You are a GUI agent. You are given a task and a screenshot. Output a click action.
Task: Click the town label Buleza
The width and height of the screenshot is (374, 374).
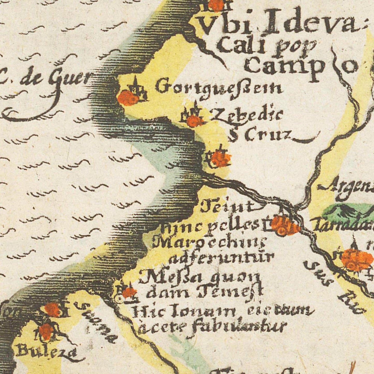[47, 352]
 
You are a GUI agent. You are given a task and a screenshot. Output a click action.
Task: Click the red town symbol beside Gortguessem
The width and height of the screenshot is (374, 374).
[127, 98]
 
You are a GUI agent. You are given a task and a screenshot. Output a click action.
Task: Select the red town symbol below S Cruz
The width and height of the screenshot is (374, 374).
[220, 158]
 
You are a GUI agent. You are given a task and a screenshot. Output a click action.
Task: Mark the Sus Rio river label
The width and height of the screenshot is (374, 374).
[334, 287]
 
